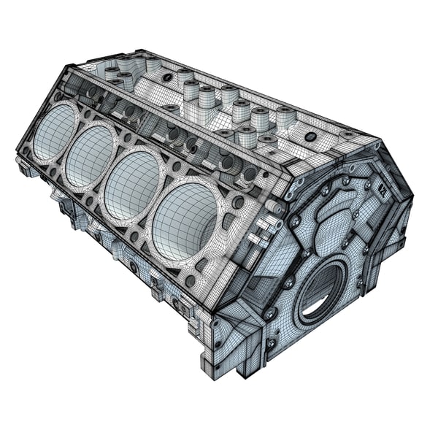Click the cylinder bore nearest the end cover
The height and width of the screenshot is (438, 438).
[x=186, y=220]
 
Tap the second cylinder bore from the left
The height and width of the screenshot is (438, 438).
[x=91, y=155]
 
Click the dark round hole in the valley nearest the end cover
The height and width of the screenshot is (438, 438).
[x=310, y=137]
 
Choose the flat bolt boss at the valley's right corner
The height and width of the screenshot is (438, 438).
[x=348, y=136]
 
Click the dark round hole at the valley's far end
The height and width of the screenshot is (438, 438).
[x=168, y=77]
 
